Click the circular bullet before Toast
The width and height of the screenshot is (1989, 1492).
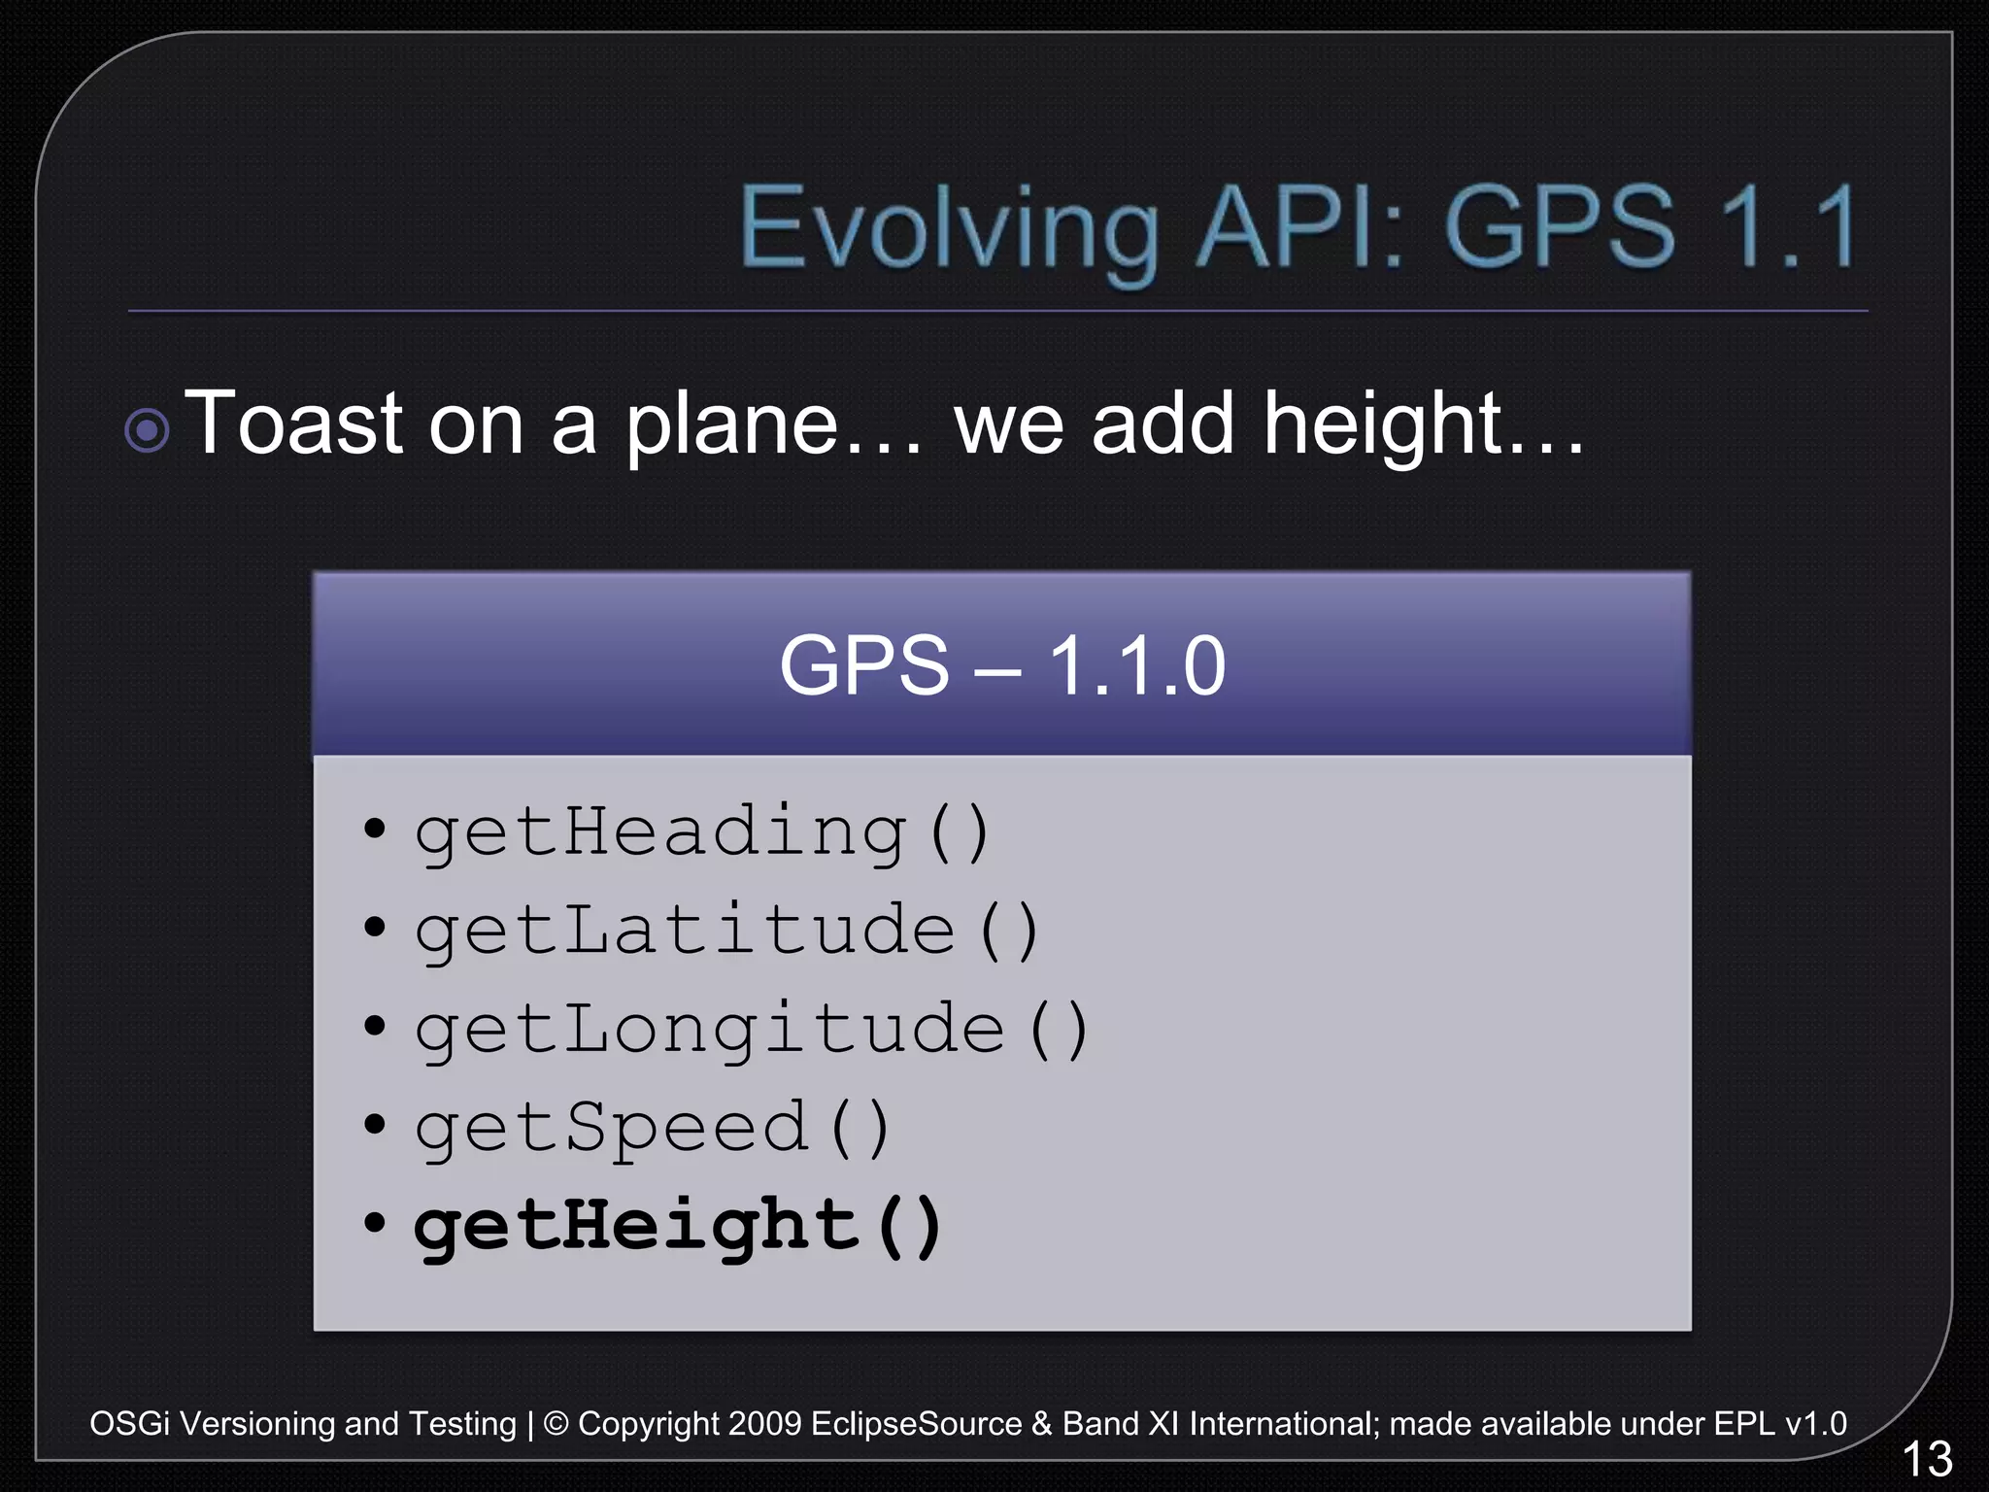[x=148, y=430]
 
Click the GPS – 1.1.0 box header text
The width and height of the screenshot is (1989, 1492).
[x=1001, y=666]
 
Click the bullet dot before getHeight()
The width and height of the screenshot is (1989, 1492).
[x=375, y=1223]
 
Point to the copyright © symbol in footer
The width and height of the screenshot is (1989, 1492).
[x=556, y=1424]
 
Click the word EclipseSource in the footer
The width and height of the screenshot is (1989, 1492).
[x=916, y=1424]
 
